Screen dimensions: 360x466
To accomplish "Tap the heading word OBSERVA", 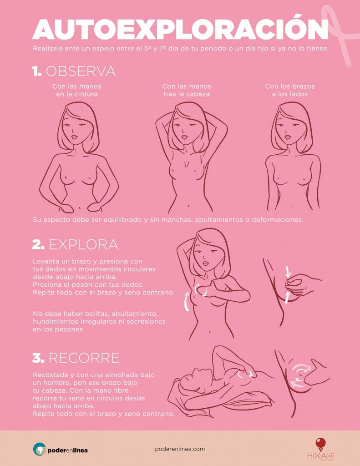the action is coord(81,71).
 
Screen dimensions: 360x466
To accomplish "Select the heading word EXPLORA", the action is coord(83,244).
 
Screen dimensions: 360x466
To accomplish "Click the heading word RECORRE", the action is coord(84,358).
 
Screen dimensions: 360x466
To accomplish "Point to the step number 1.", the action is coord(37,71).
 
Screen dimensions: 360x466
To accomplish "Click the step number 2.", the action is coord(38,244).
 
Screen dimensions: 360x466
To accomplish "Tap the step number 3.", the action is coord(38,358).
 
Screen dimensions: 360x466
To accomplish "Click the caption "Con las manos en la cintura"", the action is coord(77,90).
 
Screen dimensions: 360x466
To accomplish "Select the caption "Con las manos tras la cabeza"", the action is coord(187,90).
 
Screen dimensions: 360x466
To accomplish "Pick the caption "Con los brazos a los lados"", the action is coord(289,90).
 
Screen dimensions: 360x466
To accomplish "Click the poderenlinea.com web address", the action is coord(180,449).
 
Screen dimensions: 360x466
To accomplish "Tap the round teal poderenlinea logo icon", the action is coord(40,449).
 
